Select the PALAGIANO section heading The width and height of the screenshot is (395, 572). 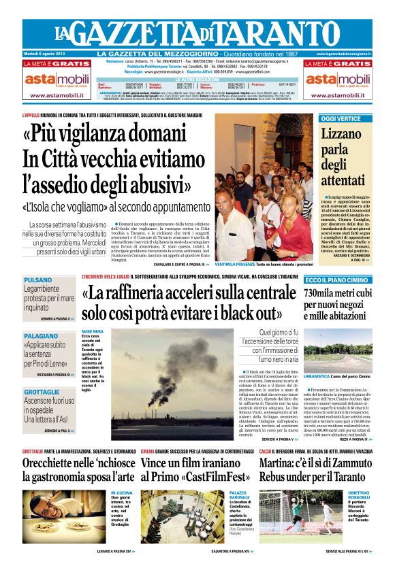tap(43, 335)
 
